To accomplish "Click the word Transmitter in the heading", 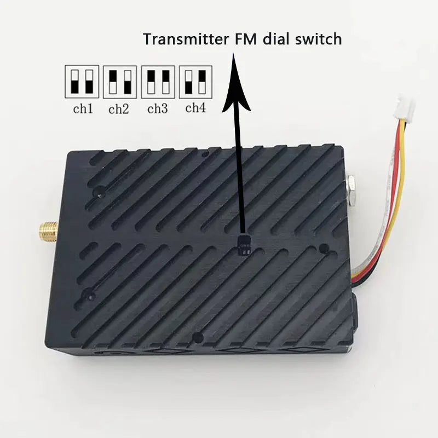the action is pyautogui.click(x=186, y=39).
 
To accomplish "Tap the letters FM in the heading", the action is pyautogui.click(x=245, y=39).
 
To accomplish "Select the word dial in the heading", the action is pyautogui.click(x=276, y=39).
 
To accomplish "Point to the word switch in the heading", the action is pyautogui.click(x=319, y=39).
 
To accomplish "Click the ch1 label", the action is pyautogui.click(x=83, y=108).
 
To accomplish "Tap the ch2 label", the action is pyautogui.click(x=119, y=109).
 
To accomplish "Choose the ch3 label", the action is pyautogui.click(x=158, y=108).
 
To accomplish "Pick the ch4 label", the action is pyautogui.click(x=195, y=107).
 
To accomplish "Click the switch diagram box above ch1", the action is pyautogui.click(x=82, y=82).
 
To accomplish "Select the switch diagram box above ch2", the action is pyautogui.click(x=120, y=82).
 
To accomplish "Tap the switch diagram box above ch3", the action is pyautogui.click(x=158, y=82).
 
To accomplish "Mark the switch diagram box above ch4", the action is pyautogui.click(x=195, y=82).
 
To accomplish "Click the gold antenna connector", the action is pyautogui.click(x=49, y=230).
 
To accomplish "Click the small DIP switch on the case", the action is pyautogui.click(x=244, y=246).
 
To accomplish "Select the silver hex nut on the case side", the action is pyautogui.click(x=350, y=189).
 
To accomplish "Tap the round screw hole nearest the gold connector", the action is pyautogui.click(x=99, y=191).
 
